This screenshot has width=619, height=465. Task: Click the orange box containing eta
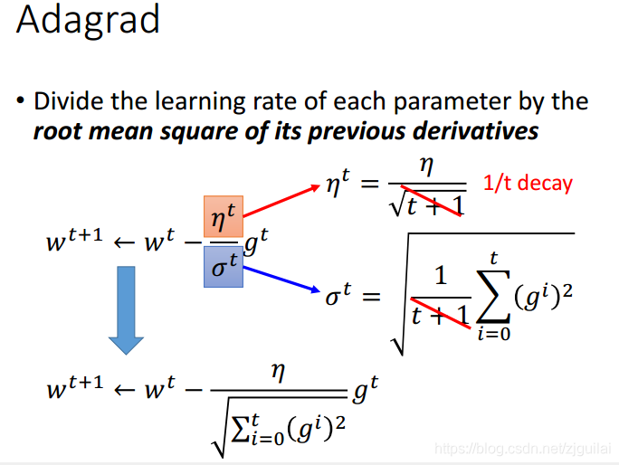[224, 216]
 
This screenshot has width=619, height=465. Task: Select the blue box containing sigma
[224, 267]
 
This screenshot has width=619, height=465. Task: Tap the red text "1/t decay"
[528, 183]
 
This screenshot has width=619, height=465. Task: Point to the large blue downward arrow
[127, 310]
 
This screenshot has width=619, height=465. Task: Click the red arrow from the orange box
[281, 201]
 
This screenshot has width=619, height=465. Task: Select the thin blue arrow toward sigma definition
[281, 280]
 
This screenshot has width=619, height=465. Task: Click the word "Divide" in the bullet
[69, 101]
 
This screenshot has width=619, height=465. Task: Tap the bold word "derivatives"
[475, 131]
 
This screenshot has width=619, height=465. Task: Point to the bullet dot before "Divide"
[21, 101]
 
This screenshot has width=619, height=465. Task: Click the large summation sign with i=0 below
[493, 296]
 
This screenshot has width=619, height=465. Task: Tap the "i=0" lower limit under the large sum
[494, 334]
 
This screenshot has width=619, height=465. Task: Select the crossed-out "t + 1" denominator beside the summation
[440, 316]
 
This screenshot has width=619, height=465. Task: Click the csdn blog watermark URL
[523, 449]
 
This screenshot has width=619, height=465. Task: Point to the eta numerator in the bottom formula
[278, 372]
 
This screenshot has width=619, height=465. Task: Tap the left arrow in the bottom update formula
[124, 390]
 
